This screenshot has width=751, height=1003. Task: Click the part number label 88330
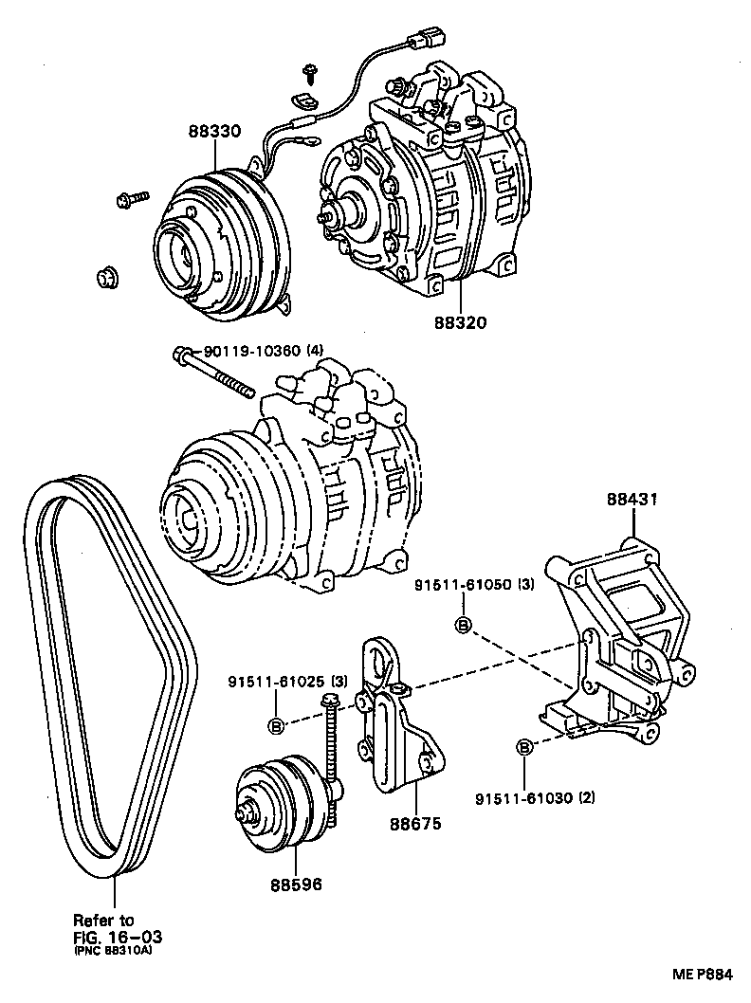[x=212, y=132]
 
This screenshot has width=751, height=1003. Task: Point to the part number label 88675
[x=414, y=824]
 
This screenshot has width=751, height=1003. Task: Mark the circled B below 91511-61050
[x=464, y=625]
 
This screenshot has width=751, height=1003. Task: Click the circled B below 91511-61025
[x=276, y=725]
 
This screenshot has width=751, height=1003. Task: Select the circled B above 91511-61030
[x=523, y=748]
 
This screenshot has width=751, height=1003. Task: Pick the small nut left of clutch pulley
[x=106, y=277]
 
